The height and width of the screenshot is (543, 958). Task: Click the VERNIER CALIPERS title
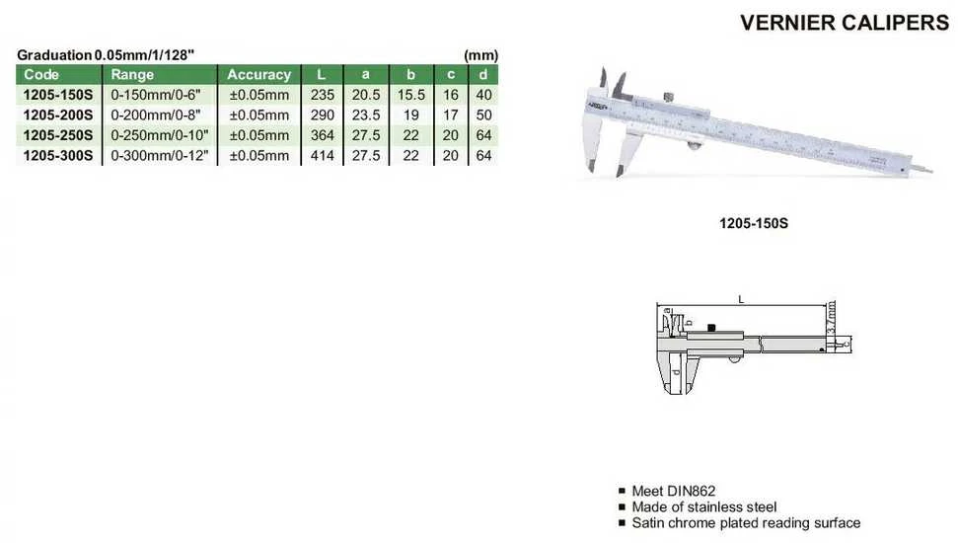coord(845,23)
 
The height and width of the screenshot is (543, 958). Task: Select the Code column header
coord(41,75)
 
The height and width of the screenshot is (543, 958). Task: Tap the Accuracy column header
coord(259,75)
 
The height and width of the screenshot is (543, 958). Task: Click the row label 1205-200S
coord(58,115)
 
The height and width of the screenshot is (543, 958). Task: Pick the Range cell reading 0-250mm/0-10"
coord(160,135)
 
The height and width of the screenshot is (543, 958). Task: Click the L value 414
coord(322,155)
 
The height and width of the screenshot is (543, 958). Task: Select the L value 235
coord(322,95)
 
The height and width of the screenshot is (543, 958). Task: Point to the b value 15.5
coord(410,95)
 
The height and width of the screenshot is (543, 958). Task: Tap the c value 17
coord(450,115)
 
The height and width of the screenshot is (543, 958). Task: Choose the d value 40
coord(483,95)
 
